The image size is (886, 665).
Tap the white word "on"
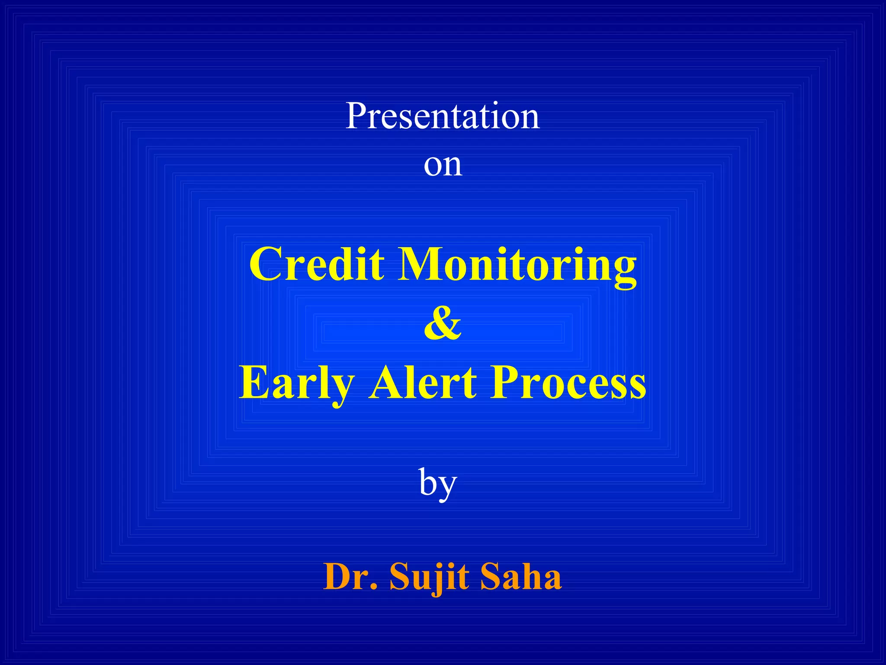pos(443,165)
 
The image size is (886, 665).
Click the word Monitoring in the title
pos(517,265)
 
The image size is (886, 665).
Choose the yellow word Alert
pos(423,382)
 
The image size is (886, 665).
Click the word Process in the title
pos(568,382)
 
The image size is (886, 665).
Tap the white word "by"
pos(438,484)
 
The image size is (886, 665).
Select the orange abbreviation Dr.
pos(350,577)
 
